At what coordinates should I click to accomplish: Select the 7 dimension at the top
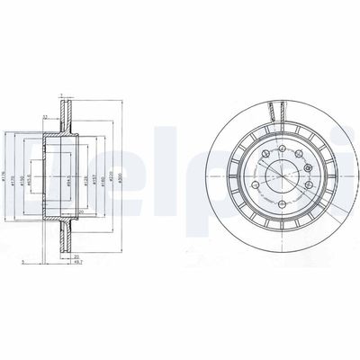(61, 94)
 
